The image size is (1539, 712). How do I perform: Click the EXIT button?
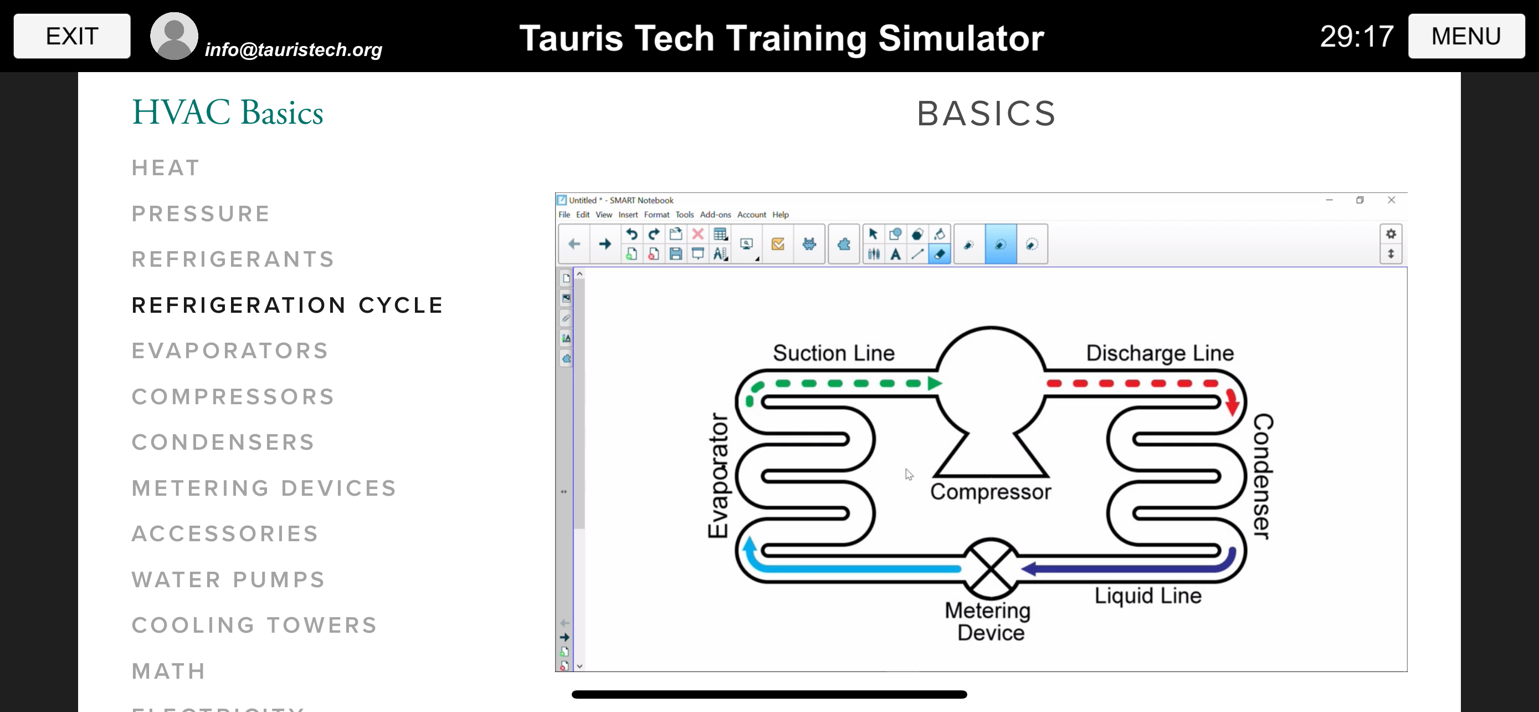coord(71,36)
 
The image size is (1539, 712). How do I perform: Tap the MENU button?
coord(1465,36)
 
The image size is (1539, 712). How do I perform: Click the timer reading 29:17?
coord(1356,37)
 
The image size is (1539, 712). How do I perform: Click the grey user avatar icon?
coord(174,36)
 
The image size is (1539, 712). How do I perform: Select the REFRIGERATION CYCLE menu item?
coord(288,306)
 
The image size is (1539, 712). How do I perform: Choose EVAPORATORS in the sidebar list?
coord(230,351)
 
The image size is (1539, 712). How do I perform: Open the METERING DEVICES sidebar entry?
coord(264,489)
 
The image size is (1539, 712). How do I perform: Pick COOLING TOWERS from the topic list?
coord(254,625)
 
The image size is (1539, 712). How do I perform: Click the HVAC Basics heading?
coord(228,113)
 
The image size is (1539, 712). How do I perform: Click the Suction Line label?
coord(833,353)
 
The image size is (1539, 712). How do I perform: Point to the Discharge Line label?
coord(1160,353)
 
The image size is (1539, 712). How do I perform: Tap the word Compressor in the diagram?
coord(991,491)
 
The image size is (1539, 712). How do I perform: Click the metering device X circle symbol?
coord(991,568)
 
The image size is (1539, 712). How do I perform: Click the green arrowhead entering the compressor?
coord(935,383)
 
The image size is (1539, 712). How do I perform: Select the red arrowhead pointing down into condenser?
coord(1232,405)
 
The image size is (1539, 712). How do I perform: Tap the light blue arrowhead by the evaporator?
coord(749,543)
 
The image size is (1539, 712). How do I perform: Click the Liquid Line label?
coord(1148,596)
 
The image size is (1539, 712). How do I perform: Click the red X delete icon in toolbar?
coord(697,234)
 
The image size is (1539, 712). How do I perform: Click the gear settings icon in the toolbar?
coord(1391,234)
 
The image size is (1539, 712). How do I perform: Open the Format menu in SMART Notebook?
coord(656,215)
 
